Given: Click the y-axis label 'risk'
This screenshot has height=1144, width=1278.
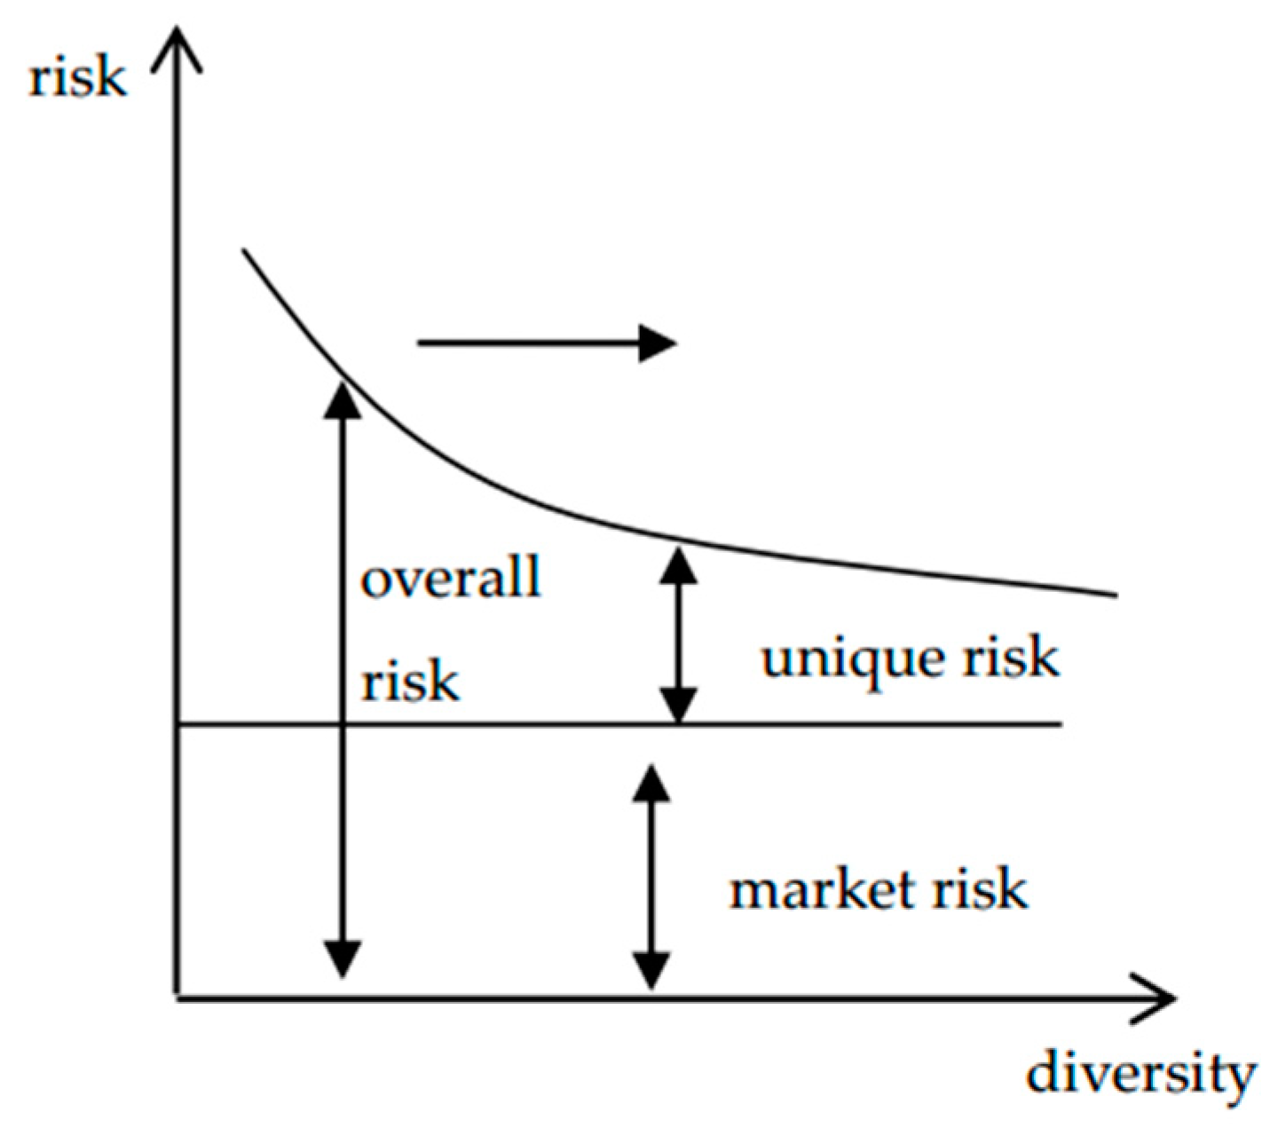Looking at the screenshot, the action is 77,78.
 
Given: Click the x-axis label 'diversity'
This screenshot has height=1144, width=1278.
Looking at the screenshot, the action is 1140,1075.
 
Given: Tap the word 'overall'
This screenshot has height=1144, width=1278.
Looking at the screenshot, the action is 451,578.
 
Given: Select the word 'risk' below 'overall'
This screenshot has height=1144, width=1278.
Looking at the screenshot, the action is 410,682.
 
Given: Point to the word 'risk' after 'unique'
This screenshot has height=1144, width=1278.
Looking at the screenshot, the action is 1012,658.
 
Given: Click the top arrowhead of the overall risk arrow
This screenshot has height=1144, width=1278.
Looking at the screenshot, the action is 342,398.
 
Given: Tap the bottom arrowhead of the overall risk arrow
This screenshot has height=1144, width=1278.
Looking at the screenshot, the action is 342,959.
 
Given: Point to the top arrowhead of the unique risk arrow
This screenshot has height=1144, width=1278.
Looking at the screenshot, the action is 678,564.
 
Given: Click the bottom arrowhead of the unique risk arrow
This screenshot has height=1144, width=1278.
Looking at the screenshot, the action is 678,706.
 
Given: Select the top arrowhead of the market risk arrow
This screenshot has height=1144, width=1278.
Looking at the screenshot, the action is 651,783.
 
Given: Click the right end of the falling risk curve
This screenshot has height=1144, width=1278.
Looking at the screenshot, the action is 1114,595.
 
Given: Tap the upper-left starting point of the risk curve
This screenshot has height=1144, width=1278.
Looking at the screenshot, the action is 244,251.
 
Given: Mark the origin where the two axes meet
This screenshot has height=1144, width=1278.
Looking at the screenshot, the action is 178,998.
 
